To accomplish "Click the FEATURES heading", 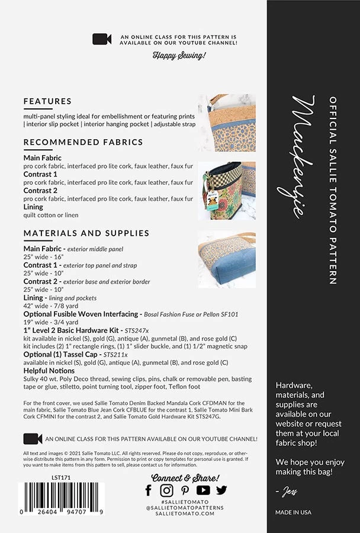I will [x=47, y=101].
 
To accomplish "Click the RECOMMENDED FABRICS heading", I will [x=83, y=142].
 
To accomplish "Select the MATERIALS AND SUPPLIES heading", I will [x=86, y=233].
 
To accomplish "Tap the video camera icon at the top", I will [x=102, y=39].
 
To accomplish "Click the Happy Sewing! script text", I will [x=179, y=56].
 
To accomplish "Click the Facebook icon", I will [x=149, y=490].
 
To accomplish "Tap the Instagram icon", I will [x=167, y=490].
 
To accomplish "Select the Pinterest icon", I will [x=185, y=490].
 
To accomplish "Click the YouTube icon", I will [x=203, y=490].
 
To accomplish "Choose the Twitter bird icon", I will [x=221, y=490].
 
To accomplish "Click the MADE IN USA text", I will [x=293, y=512].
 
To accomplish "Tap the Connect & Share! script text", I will [x=185, y=477].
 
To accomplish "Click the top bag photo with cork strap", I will [x=227, y=123].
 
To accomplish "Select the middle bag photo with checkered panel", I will [x=227, y=191].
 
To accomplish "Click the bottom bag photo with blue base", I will [x=227, y=259].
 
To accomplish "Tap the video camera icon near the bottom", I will [x=33, y=439].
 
